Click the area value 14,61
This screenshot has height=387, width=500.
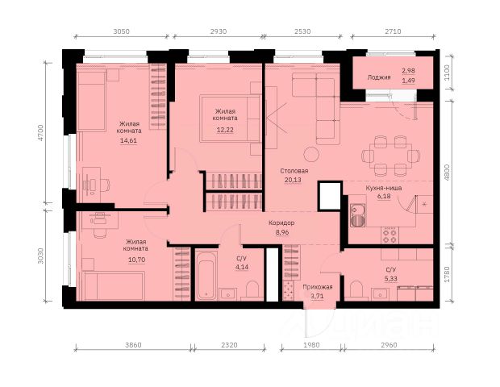(x=128, y=140)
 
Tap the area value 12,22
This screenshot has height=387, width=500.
(x=225, y=130)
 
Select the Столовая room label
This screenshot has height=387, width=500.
(x=294, y=171)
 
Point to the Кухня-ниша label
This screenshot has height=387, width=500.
(x=383, y=188)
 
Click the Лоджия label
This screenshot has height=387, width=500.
(x=379, y=77)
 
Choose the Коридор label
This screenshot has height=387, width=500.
(x=281, y=223)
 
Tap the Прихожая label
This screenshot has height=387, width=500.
(x=318, y=287)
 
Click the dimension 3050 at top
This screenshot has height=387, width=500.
(x=122, y=31)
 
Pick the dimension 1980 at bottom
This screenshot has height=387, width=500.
(x=311, y=345)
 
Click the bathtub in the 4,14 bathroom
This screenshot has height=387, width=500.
(x=206, y=276)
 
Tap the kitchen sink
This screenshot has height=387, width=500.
(x=357, y=215)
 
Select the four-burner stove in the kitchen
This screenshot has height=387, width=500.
(x=390, y=235)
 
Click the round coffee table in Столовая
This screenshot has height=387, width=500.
(x=311, y=155)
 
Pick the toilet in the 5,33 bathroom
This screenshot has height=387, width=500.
(x=356, y=289)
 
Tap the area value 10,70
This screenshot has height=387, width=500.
(x=136, y=260)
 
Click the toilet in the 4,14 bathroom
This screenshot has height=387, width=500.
(x=252, y=290)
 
